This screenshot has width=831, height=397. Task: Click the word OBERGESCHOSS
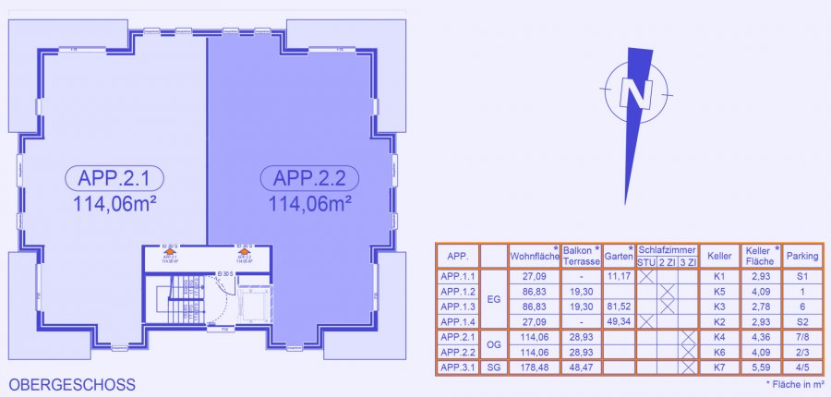pos(71,384)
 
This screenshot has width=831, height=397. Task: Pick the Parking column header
pos(801,256)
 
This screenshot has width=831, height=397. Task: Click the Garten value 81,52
pos(619,306)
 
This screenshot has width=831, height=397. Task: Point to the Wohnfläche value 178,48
pos(536,367)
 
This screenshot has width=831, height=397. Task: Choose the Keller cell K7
pos(720,367)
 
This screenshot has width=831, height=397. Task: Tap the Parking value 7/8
pos(801,337)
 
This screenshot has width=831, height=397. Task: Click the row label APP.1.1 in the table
pos(458,276)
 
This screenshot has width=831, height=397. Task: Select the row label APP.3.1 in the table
pos(458,367)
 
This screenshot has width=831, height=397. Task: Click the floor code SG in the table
pos(493,367)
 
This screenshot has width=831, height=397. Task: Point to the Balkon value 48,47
pos(582,367)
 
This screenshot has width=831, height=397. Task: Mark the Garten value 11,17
pos(619,276)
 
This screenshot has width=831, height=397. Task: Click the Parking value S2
pos(801,320)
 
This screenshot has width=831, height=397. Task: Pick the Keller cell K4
pos(720,337)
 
